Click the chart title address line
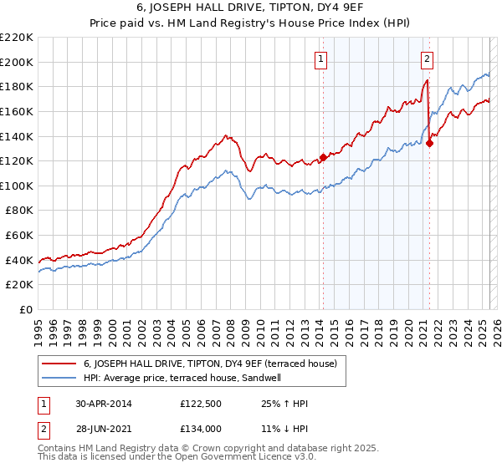pos(251,8)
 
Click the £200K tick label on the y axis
pos(17,62)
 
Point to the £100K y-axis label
pos(17,186)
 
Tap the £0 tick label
pos(26,309)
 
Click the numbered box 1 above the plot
pos(321,58)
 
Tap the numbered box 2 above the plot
pos(427,58)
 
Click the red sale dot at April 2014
pos(323,158)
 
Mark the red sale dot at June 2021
pos(429,143)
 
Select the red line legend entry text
pos(210,364)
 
